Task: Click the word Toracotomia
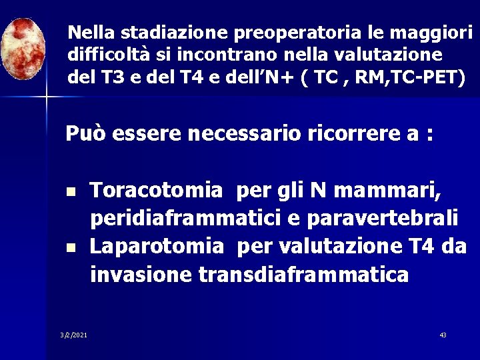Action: click(157, 191)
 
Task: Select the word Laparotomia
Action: click(157, 246)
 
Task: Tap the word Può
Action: click(85, 135)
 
